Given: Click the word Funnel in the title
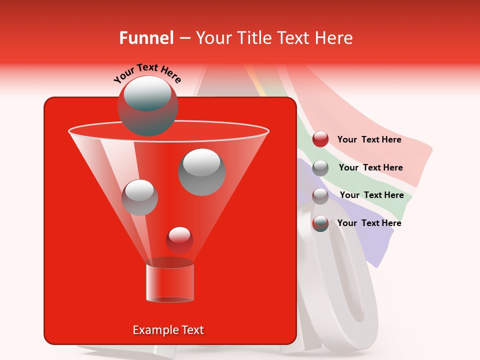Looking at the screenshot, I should [146, 38].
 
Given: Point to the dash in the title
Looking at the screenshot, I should [184, 38].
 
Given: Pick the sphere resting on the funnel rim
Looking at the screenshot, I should [147, 105].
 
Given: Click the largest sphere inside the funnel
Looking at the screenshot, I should [202, 171].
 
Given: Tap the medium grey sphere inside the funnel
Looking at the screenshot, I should [139, 197].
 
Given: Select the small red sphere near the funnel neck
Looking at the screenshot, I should [179, 240].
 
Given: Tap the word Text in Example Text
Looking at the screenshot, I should [191, 330].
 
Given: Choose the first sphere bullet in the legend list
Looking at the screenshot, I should [320, 139].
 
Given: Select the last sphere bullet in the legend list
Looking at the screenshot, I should [320, 223].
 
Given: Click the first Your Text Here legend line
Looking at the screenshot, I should [369, 139].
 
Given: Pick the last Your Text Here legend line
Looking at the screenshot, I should [369, 223].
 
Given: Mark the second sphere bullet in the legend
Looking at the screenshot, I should [320, 168].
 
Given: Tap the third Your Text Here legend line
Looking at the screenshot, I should [371, 195].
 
